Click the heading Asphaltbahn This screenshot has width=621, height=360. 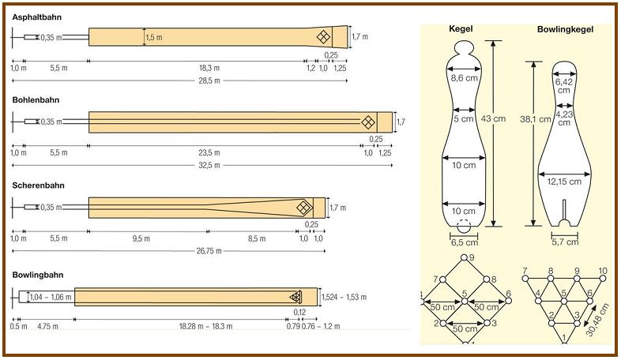click(37, 17)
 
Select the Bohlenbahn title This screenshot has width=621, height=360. click(36, 100)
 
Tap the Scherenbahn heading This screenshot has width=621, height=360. click(38, 186)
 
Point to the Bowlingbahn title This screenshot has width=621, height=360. click(38, 275)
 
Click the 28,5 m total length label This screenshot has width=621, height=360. click(209, 81)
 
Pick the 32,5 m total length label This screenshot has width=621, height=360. click(209, 165)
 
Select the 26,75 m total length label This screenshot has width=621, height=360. click(209, 251)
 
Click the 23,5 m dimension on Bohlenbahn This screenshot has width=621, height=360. click(209, 152)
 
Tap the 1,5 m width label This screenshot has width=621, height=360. click(154, 38)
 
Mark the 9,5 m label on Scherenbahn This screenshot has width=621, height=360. click(141, 238)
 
